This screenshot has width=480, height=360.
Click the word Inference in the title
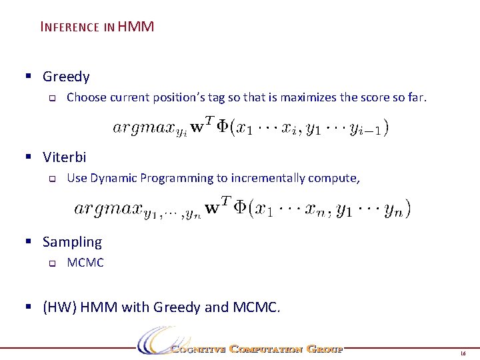pyautogui.click(x=70, y=27)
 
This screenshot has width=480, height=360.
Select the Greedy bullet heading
pyautogui.click(x=66, y=77)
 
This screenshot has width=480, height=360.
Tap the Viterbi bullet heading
pyautogui.click(x=64, y=157)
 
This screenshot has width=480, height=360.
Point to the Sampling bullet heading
pyautogui.click(x=72, y=242)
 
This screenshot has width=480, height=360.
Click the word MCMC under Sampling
pyautogui.click(x=85, y=263)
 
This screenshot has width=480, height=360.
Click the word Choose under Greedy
pyautogui.click(x=87, y=97)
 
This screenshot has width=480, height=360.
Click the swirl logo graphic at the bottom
pyautogui.click(x=155, y=340)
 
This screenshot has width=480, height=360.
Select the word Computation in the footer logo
pyautogui.click(x=266, y=349)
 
